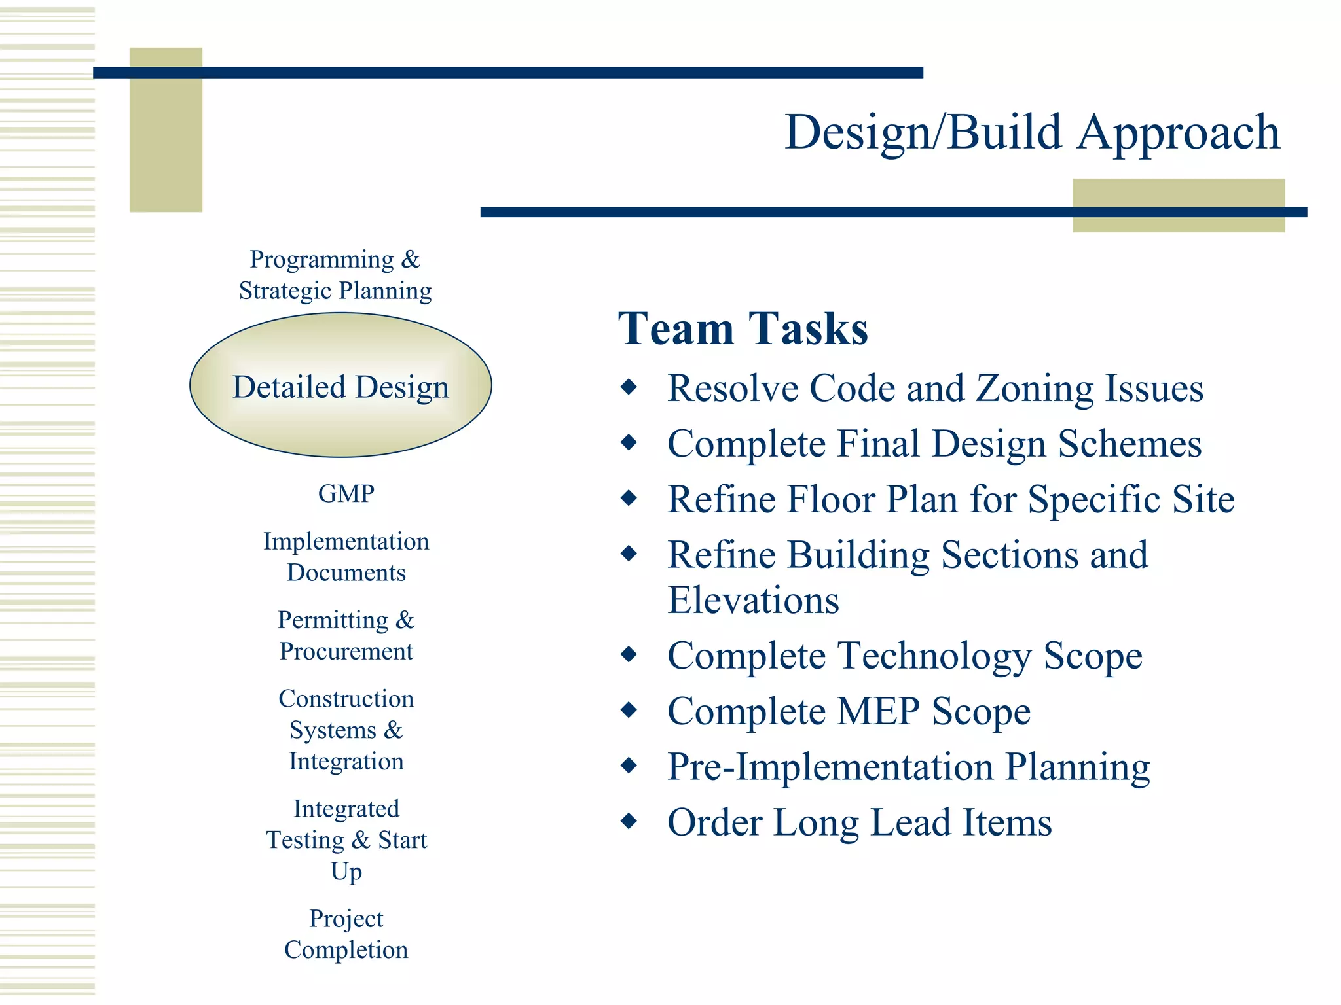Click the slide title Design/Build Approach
[1032, 133]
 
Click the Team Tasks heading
[743, 328]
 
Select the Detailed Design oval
[340, 386]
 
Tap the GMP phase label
[346, 493]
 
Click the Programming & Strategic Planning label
[335, 275]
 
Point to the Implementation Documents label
[346, 557]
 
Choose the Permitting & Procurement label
[346, 635]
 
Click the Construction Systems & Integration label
[346, 730]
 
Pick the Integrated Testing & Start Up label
[346, 839]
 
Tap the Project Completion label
[346, 934]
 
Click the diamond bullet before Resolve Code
[629, 387]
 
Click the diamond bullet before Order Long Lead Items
[629, 820]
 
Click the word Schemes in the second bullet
[1130, 444]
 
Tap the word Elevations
[753, 600]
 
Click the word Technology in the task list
[934, 656]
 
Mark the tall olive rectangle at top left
[166, 130]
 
